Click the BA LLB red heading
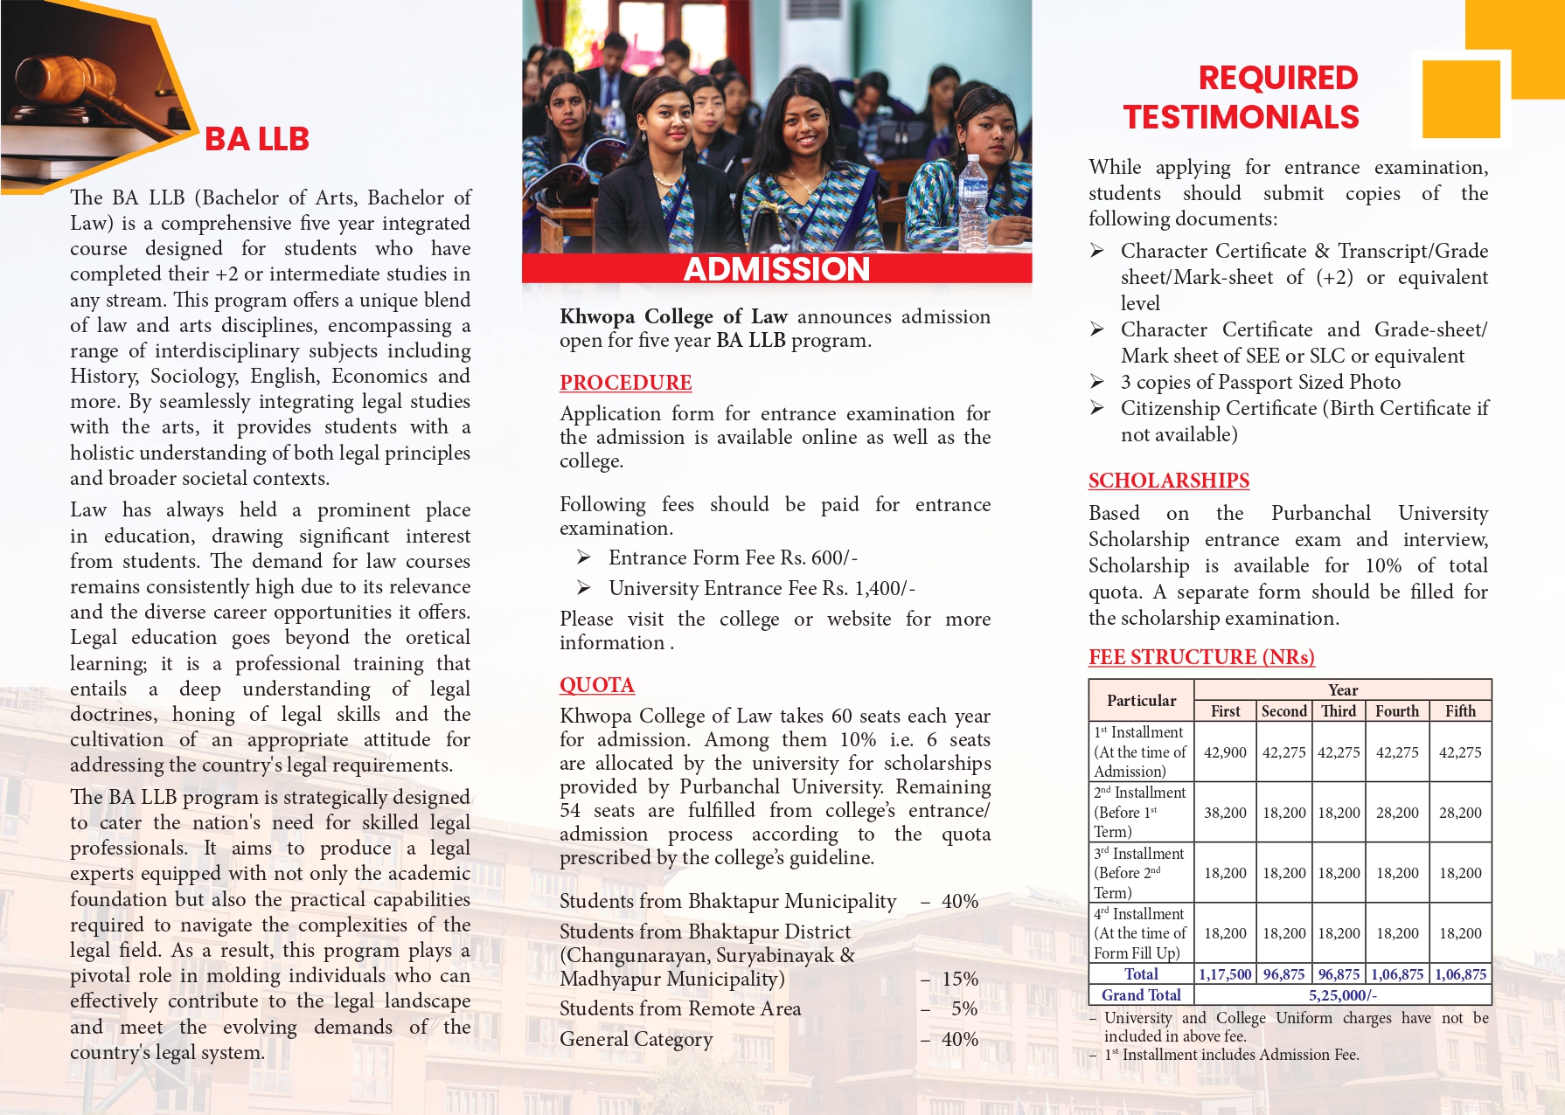(x=256, y=140)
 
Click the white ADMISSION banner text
(x=776, y=269)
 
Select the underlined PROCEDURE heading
(x=625, y=383)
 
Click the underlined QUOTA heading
(x=597, y=685)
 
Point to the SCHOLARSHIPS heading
(x=1168, y=481)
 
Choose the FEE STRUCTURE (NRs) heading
(x=1201, y=657)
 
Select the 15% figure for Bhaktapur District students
(x=959, y=980)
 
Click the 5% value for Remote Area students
(x=963, y=1009)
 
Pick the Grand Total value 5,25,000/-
(x=1342, y=995)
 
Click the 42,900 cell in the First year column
(x=1225, y=752)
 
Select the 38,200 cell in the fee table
(x=1225, y=813)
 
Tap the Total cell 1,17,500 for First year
(x=1225, y=974)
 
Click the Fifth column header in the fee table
(x=1460, y=711)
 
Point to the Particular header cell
(x=1141, y=701)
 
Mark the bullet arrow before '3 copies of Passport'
(x=1097, y=382)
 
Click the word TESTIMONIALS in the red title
(x=1241, y=117)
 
